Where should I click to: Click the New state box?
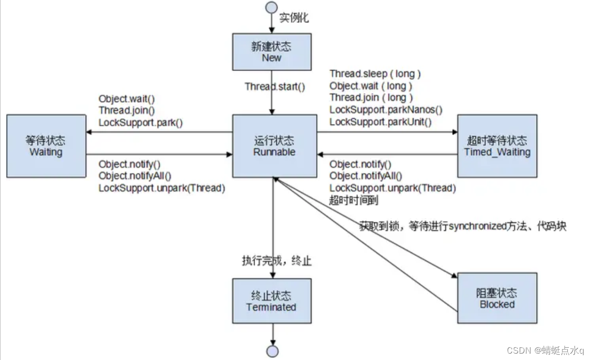click(272, 52)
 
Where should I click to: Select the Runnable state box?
click(274, 146)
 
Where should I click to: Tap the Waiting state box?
click(46, 146)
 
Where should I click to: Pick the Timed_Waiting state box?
click(497, 146)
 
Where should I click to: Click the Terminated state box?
click(272, 301)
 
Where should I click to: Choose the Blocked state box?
click(497, 299)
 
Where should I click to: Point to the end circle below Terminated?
click(272, 351)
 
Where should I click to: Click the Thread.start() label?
click(275, 87)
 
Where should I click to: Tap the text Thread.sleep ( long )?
click(375, 74)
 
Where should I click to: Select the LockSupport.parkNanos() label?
click(386, 110)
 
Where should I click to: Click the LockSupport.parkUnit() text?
click(380, 122)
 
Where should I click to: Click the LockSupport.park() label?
click(140, 122)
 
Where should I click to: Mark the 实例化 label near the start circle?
click(294, 18)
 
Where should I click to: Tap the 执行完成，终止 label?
click(277, 261)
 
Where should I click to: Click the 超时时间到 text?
click(353, 200)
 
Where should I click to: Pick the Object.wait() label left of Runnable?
click(126, 98)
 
